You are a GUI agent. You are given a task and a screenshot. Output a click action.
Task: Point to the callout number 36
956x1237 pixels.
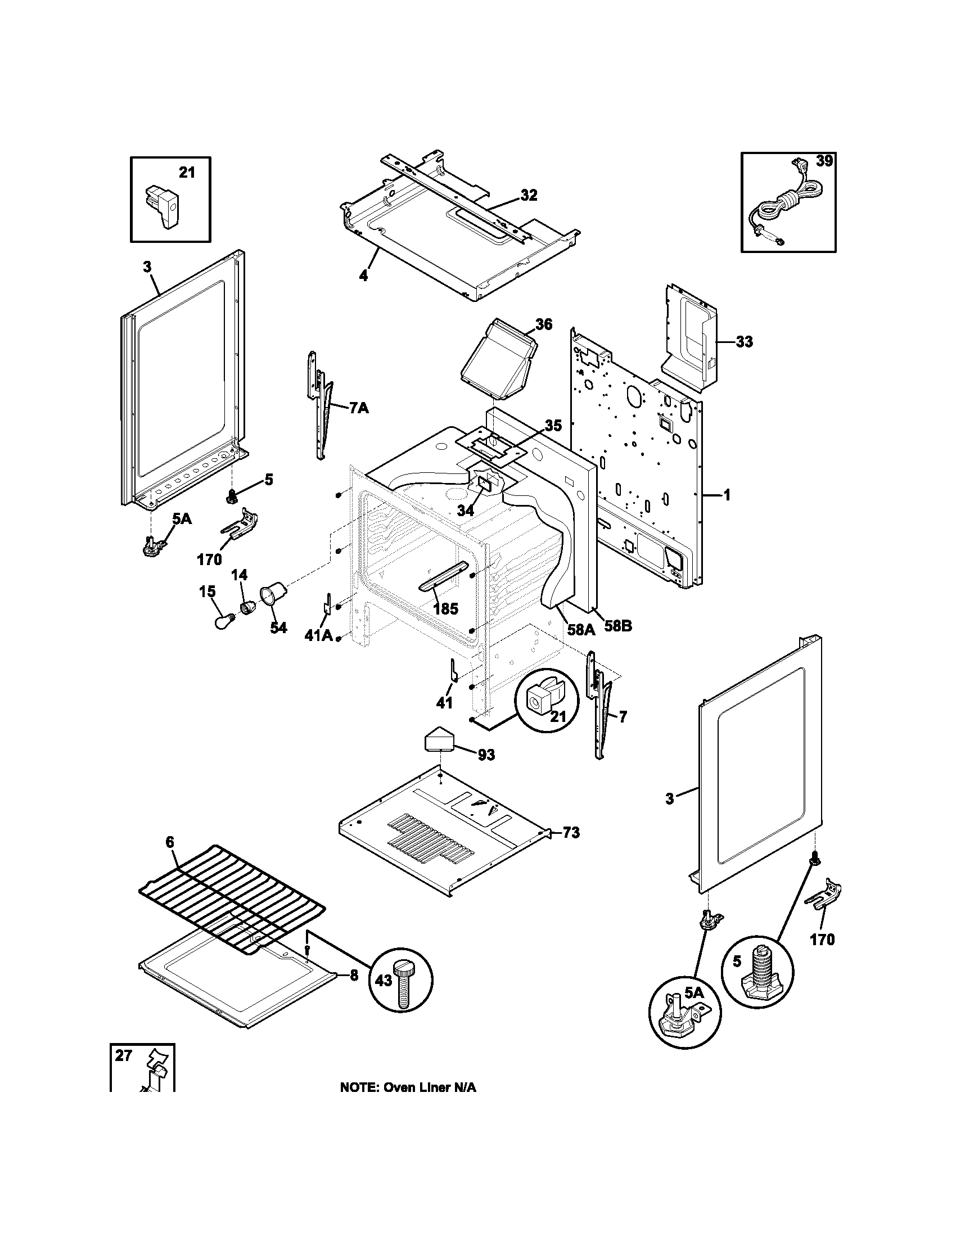(x=543, y=324)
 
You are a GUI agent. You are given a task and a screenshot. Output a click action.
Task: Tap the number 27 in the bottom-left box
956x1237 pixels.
(x=124, y=1055)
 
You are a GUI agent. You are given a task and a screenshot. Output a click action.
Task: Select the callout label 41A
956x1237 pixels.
(x=318, y=635)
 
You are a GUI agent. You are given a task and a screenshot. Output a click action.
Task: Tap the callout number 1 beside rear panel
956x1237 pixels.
(x=727, y=495)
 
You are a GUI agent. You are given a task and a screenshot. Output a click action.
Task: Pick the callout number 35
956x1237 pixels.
(x=553, y=426)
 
